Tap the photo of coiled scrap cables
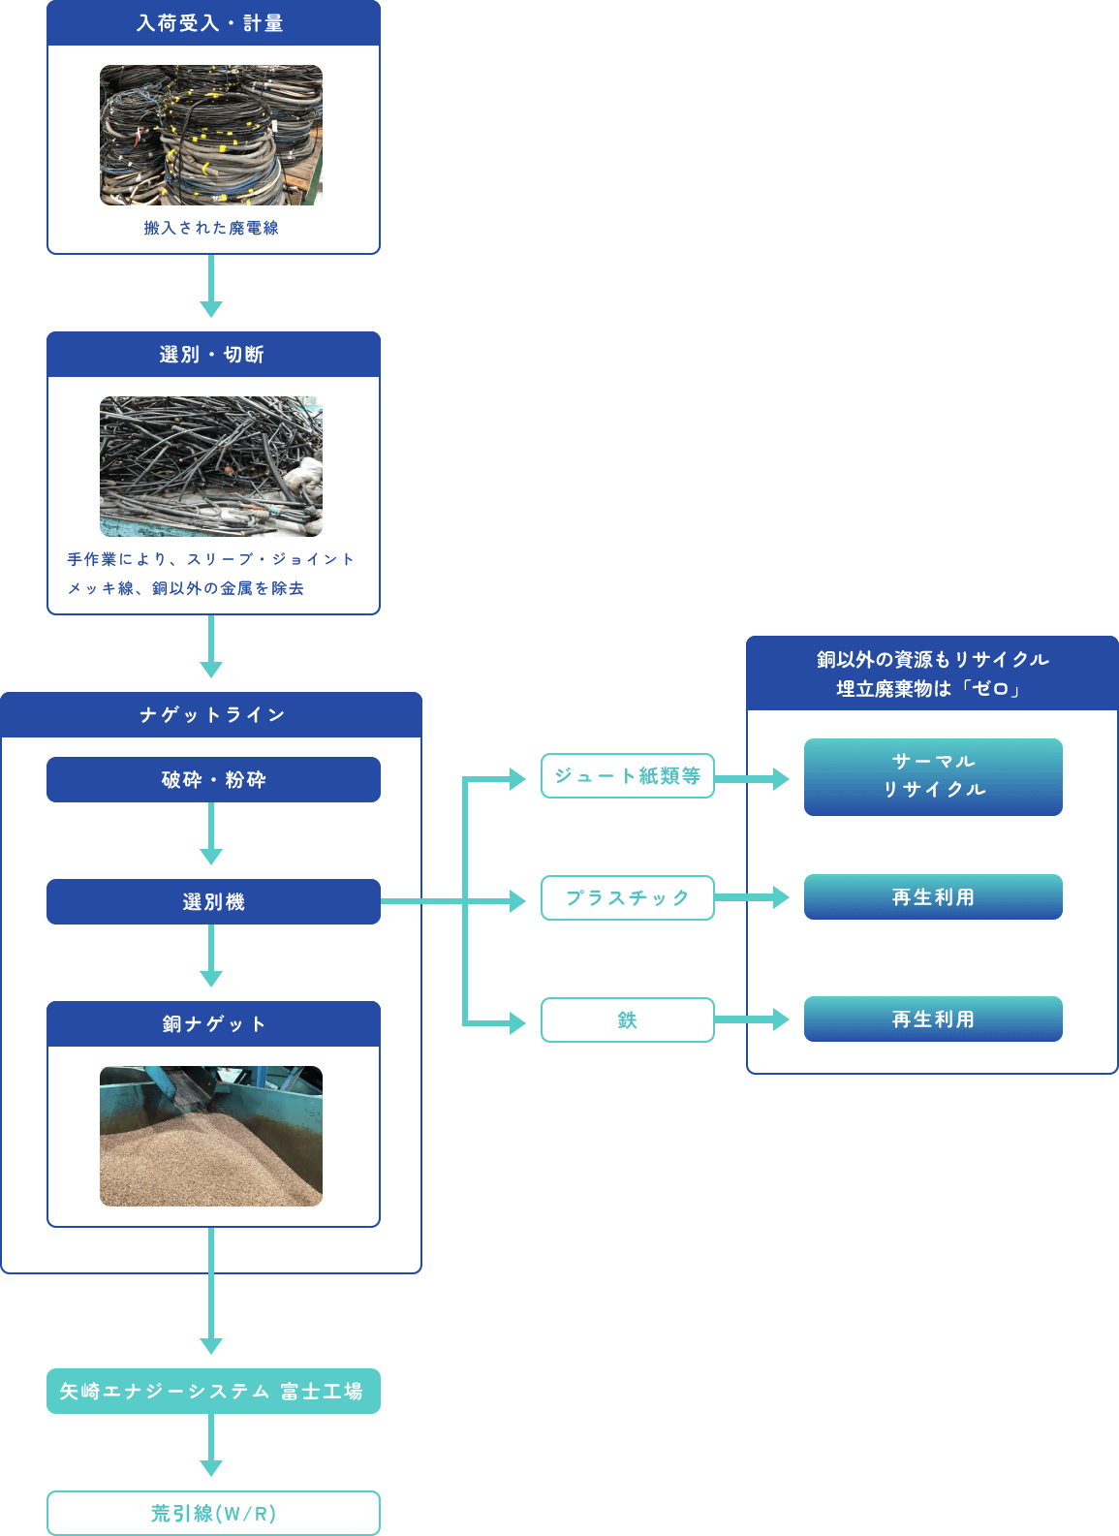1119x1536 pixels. tap(211, 136)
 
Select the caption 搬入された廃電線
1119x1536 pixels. tap(211, 228)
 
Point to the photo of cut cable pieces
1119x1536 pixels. tap(211, 466)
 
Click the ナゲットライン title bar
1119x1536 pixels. tap(211, 715)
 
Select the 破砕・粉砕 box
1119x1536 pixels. tap(213, 780)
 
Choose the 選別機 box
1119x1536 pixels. tap(213, 902)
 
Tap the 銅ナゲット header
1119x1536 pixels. tap(213, 1024)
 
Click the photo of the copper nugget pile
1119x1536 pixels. tap(211, 1136)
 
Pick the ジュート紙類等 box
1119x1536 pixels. tap(627, 776)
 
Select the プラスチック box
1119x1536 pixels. tap(627, 898)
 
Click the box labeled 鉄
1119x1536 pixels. tap(627, 1020)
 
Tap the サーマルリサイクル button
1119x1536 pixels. tap(933, 777)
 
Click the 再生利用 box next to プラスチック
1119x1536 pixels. tap(933, 897)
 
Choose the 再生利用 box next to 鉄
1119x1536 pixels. tap(933, 1019)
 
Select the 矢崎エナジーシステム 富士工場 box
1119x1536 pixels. tap(213, 1392)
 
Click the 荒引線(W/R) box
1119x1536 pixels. tap(213, 1514)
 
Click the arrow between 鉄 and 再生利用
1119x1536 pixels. tap(754, 1019)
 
